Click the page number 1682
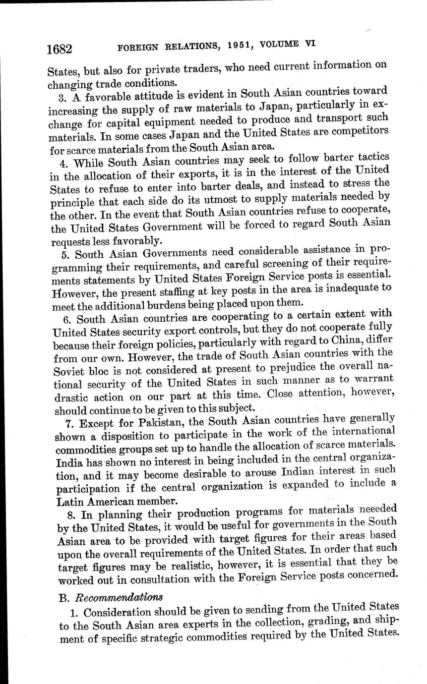click(x=60, y=49)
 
